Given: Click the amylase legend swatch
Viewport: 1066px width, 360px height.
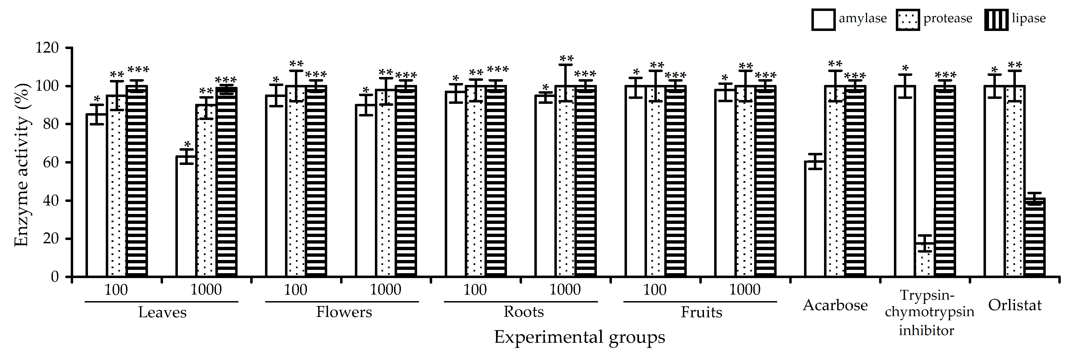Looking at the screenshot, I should (823, 20).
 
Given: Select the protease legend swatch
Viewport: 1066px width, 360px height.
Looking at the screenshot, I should (908, 20).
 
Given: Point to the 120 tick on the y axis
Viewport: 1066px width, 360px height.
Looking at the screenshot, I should (47, 48).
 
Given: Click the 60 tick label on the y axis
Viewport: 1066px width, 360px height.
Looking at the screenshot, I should (50, 162).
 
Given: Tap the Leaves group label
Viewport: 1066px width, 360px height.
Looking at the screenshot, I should (162, 312).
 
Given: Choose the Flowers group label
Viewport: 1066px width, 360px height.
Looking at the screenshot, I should (344, 312).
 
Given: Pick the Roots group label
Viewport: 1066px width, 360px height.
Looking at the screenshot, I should (523, 312).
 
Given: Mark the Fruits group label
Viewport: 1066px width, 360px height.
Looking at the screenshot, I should (702, 312).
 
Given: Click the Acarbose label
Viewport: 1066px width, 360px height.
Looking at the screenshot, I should (835, 305).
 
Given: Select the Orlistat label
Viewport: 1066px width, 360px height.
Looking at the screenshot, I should (1015, 305).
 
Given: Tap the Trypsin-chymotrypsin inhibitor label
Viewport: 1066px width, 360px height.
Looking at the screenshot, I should (929, 312).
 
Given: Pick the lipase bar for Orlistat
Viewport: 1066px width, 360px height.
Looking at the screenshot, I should (1034, 238).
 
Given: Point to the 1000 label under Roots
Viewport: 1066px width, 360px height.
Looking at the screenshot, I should (565, 290).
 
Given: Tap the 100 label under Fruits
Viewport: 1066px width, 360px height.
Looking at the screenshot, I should (655, 290).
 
